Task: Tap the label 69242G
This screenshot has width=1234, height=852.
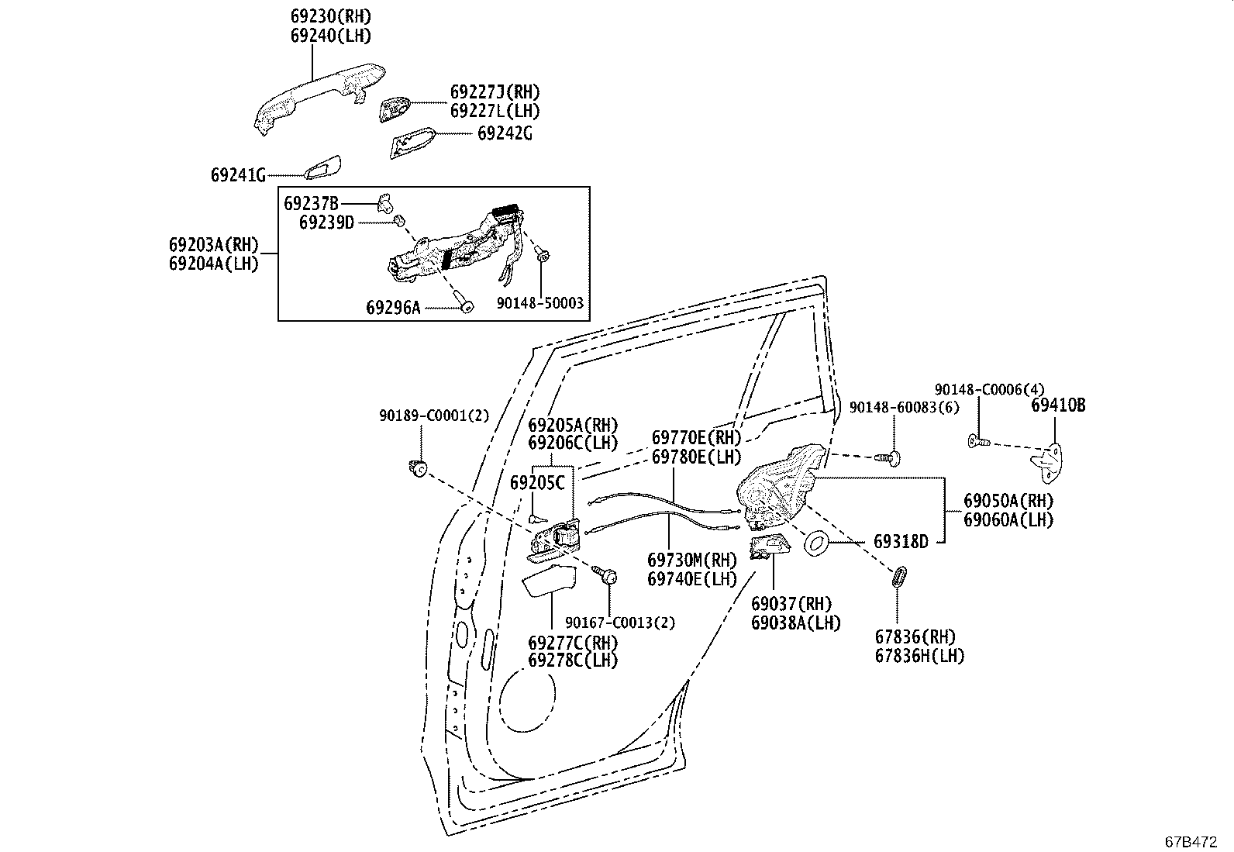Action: click(x=505, y=133)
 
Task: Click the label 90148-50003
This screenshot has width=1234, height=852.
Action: click(x=539, y=304)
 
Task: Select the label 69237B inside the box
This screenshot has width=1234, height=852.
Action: click(x=311, y=204)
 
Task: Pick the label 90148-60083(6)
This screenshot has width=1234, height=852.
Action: click(x=904, y=408)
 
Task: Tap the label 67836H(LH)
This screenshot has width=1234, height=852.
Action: click(x=919, y=656)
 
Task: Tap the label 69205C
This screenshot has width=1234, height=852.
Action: click(x=537, y=483)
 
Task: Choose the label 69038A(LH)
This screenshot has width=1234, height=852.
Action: click(x=795, y=623)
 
